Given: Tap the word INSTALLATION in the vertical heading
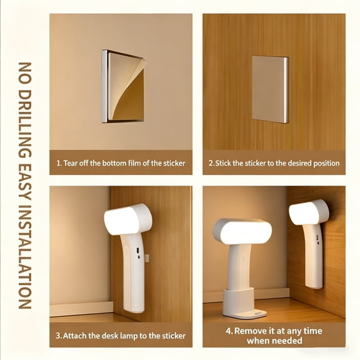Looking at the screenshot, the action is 25,256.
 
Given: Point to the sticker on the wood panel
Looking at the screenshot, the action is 270,89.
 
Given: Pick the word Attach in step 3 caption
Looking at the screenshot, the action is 74,336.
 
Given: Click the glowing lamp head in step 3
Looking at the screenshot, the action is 127,219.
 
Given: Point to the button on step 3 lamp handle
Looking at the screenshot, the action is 137,250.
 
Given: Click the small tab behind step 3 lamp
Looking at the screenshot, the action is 147,258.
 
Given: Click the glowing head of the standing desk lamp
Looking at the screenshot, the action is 242,231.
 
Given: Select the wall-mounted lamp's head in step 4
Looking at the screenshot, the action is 309,212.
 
